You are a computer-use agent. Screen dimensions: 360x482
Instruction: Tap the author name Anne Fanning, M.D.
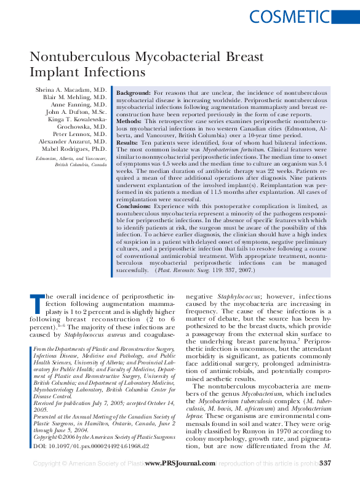81,105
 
